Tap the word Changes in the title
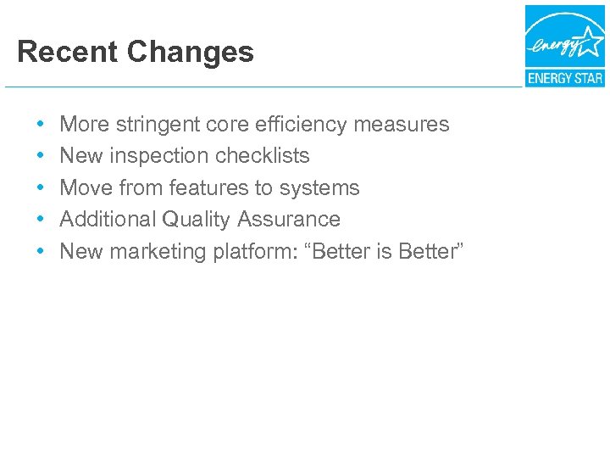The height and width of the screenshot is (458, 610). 191,52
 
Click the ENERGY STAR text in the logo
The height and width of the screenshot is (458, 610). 564,79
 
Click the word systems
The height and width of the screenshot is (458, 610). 318,187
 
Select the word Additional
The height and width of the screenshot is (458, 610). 108,220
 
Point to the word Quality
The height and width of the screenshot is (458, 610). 197,220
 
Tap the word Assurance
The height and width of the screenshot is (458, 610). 289,220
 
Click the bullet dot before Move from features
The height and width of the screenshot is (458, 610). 42,187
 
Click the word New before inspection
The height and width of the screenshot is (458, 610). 81,156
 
